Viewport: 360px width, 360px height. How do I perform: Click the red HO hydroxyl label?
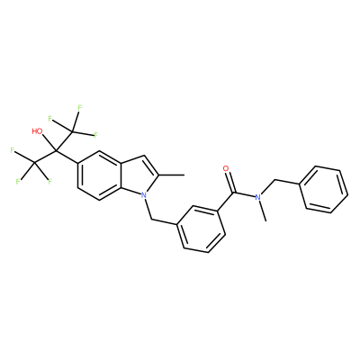[x=37, y=131]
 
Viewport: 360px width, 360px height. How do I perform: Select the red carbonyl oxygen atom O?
[x=227, y=168]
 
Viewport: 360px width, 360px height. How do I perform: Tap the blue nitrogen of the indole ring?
[x=144, y=195]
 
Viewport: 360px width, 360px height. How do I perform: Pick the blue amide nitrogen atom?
[x=257, y=197]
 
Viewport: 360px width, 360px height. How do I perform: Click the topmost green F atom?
[x=79, y=107]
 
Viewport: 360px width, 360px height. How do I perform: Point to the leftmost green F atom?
[x=13, y=150]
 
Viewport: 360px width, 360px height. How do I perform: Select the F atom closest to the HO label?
[x=50, y=120]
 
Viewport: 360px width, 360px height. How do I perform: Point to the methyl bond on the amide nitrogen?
[x=262, y=211]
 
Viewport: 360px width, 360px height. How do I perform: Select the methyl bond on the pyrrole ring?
[x=171, y=174]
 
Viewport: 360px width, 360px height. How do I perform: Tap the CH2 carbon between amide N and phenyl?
[x=274, y=181]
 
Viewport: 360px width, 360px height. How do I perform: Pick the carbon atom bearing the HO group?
[x=56, y=151]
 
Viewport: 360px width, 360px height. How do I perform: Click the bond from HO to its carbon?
[x=49, y=143]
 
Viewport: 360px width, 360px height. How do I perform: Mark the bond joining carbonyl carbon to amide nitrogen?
[x=244, y=194]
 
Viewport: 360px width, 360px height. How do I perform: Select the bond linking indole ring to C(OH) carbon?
[x=67, y=157]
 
